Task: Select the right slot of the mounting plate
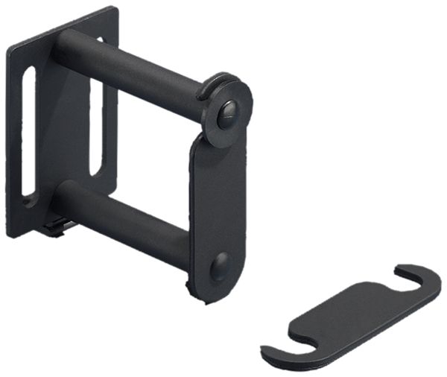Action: (x=95, y=127)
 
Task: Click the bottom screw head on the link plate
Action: (x=220, y=266)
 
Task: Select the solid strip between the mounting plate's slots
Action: (x=63, y=127)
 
